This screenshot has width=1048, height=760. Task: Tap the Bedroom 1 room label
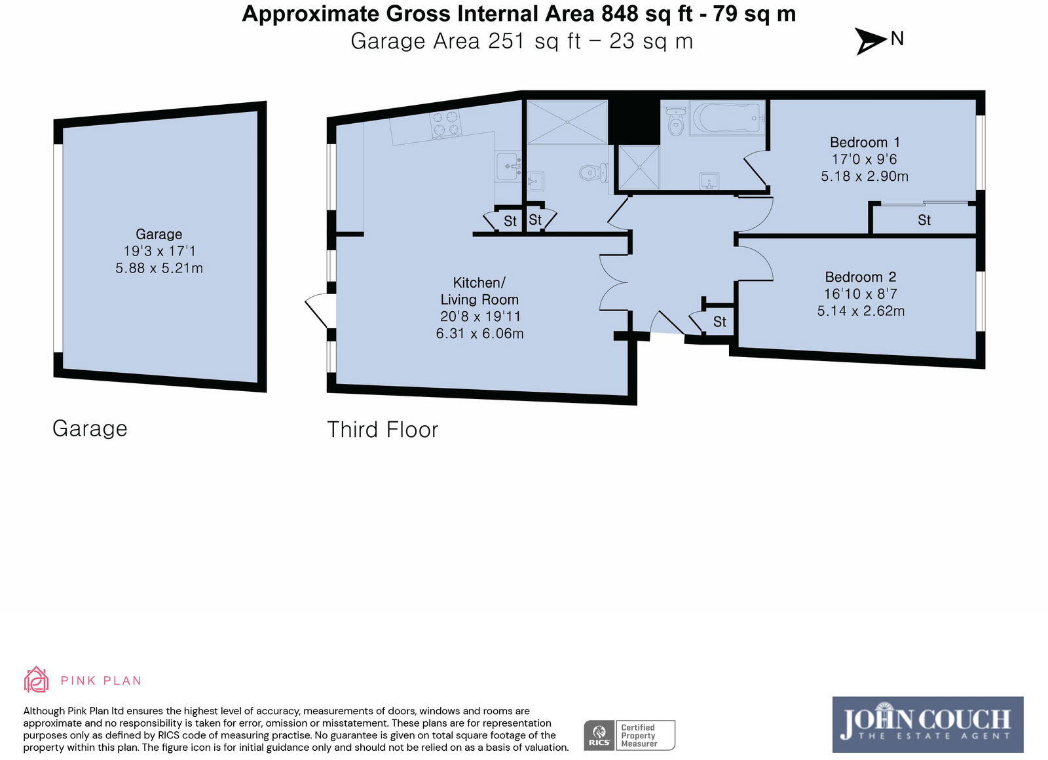coord(865,142)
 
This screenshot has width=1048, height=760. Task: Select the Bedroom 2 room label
coord(861,277)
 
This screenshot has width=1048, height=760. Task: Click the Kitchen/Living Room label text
coord(479,291)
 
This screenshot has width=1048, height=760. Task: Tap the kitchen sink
coord(508,166)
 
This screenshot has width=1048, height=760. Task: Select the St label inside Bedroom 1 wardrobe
coord(924,220)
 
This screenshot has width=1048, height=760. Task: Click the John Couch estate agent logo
coord(927,725)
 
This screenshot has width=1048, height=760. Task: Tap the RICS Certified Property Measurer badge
coord(629,735)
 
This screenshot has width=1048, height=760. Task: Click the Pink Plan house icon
coord(36,679)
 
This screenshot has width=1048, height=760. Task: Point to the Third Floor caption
coord(383,430)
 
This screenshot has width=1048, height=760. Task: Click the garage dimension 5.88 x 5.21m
coord(159,268)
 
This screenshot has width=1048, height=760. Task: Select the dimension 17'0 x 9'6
coord(864,159)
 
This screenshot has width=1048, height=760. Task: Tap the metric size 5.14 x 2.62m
coord(861,311)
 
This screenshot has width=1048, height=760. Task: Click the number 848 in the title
coord(620,14)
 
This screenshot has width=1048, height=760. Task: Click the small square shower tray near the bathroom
coord(639,168)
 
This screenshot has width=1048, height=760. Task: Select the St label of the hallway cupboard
coord(720,322)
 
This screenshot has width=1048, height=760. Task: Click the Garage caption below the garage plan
coord(90,428)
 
